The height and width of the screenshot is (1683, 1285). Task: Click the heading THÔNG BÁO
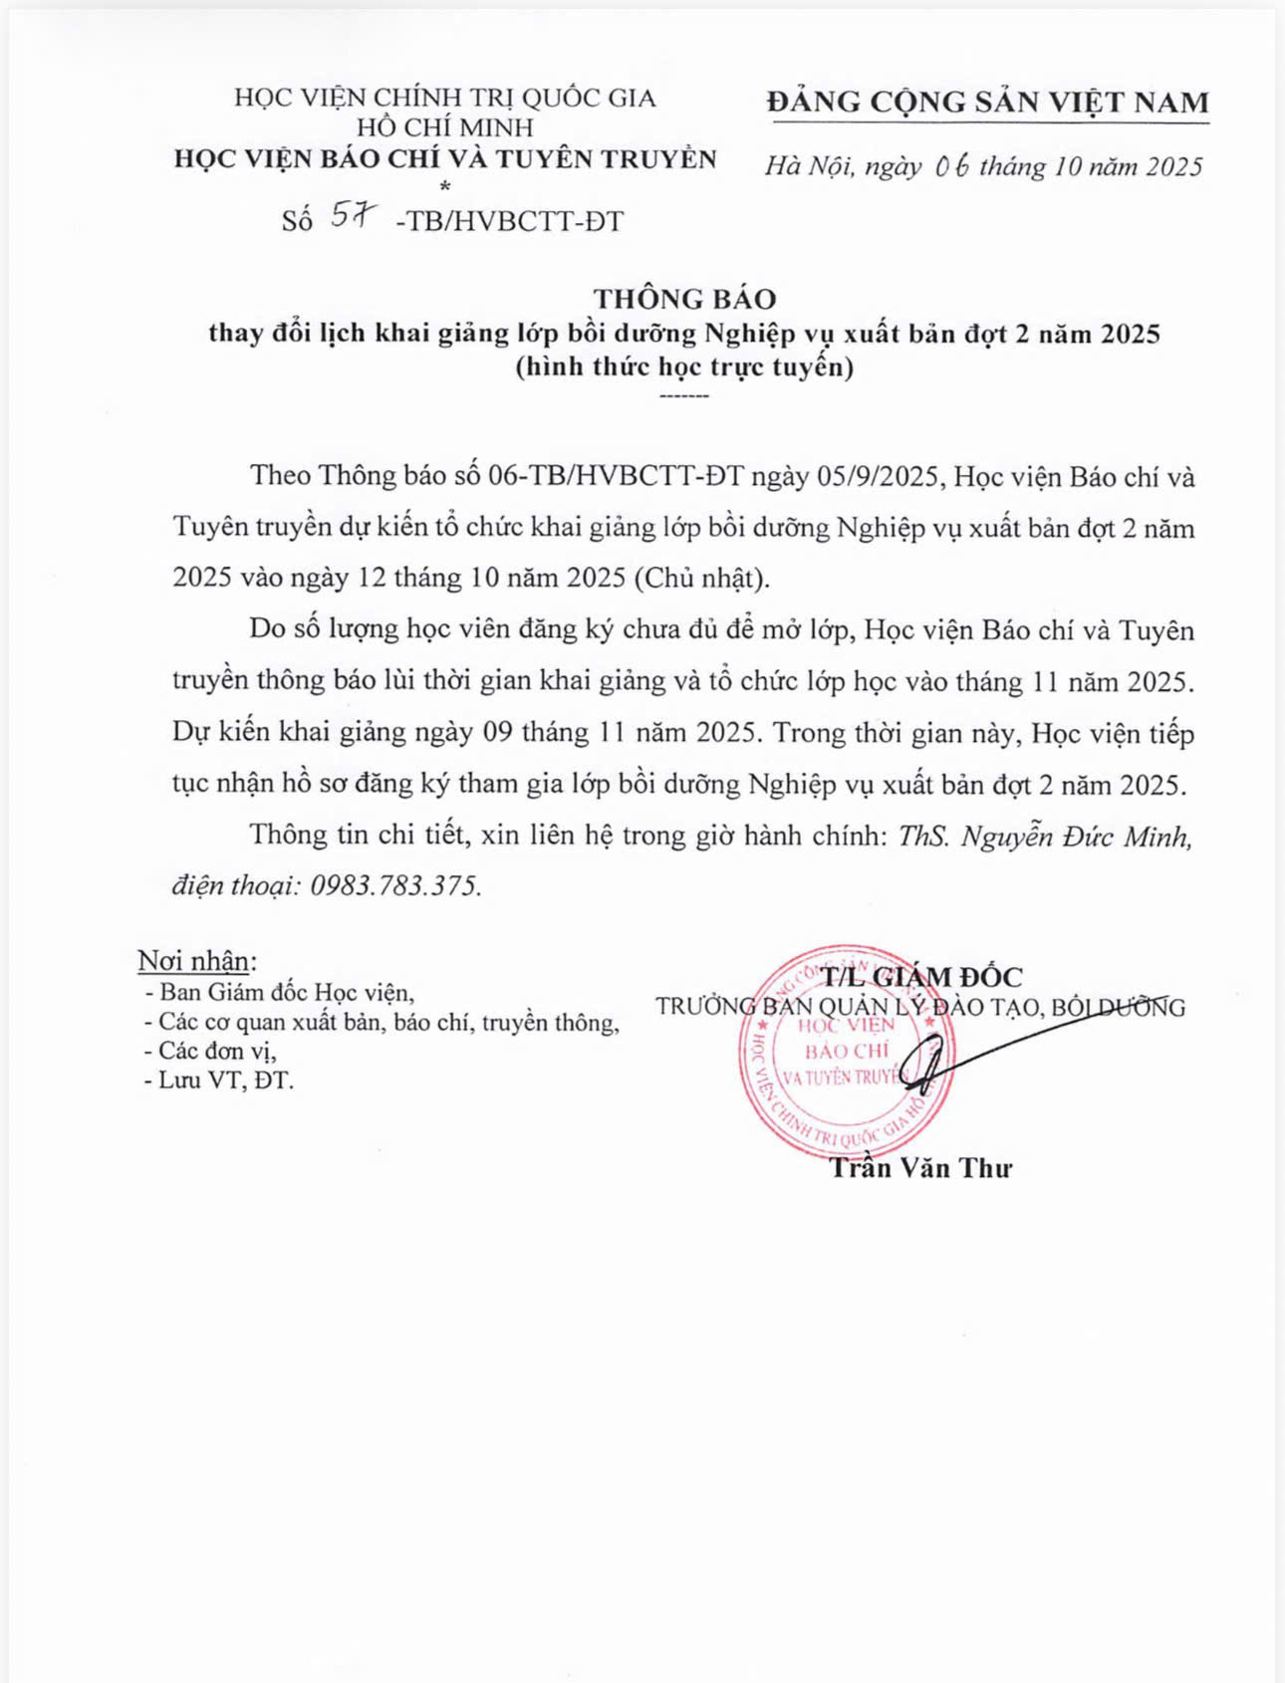(x=684, y=299)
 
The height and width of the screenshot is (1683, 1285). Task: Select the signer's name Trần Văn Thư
(x=920, y=1167)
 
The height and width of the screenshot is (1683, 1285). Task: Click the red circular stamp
(x=844, y=1052)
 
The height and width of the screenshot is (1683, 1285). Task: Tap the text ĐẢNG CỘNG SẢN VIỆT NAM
(x=989, y=102)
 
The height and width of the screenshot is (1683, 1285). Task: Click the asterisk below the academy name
(x=444, y=186)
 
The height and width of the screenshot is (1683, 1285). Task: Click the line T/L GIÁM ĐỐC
(x=921, y=977)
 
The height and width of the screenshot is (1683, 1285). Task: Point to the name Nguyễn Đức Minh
(x=1076, y=836)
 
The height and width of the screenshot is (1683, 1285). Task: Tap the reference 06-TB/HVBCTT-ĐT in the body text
(x=616, y=476)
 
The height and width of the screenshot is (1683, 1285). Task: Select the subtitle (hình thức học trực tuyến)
(x=684, y=367)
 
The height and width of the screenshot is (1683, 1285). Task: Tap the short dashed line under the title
(x=684, y=397)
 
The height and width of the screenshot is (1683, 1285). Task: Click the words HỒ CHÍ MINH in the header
(x=445, y=127)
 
